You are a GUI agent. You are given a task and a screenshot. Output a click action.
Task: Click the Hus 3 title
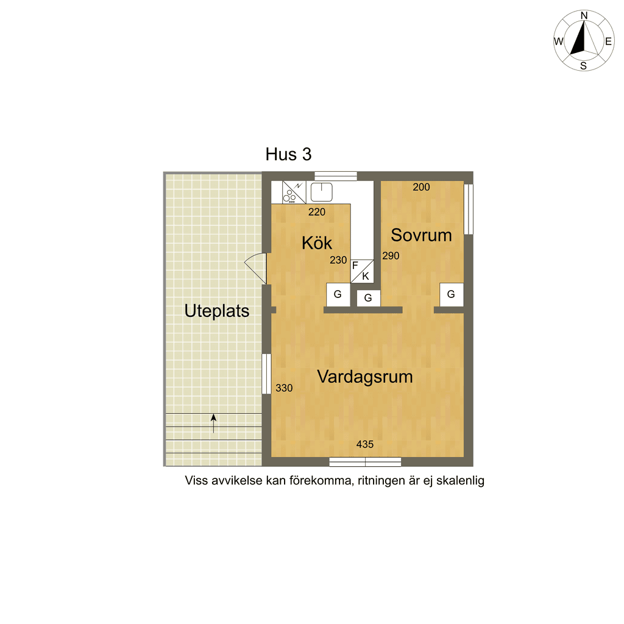tap(288, 154)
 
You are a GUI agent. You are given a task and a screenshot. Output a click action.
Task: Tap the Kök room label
tap(317, 243)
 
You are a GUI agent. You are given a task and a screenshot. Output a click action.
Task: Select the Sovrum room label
tap(422, 235)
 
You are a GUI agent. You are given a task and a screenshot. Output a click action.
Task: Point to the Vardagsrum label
tap(365, 377)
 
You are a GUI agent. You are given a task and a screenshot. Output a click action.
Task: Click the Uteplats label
tap(217, 311)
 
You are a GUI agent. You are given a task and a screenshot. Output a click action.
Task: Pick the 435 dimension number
tap(365, 444)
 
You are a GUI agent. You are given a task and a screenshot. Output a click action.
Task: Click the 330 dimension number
tap(284, 388)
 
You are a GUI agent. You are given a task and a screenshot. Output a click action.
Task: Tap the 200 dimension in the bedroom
tap(422, 187)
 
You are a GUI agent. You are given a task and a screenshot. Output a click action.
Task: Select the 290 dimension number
tap(391, 256)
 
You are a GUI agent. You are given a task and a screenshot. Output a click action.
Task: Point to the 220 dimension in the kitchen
tap(317, 212)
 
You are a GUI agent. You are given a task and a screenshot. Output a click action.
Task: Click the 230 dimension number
tap(338, 260)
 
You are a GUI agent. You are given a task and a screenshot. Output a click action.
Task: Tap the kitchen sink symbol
tap(322, 192)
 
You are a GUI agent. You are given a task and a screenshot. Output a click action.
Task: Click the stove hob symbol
tap(294, 193)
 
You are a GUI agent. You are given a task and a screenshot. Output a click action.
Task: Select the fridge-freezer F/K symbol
tap(362, 271)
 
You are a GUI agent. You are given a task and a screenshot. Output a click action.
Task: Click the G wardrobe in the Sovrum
tap(452, 294)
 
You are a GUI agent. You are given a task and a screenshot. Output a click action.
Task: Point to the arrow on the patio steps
tap(214, 424)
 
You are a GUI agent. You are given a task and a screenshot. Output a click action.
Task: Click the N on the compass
tap(584, 15)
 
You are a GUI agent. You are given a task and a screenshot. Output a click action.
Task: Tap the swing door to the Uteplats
tap(255, 268)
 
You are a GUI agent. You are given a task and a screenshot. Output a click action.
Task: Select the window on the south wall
tap(365, 462)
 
